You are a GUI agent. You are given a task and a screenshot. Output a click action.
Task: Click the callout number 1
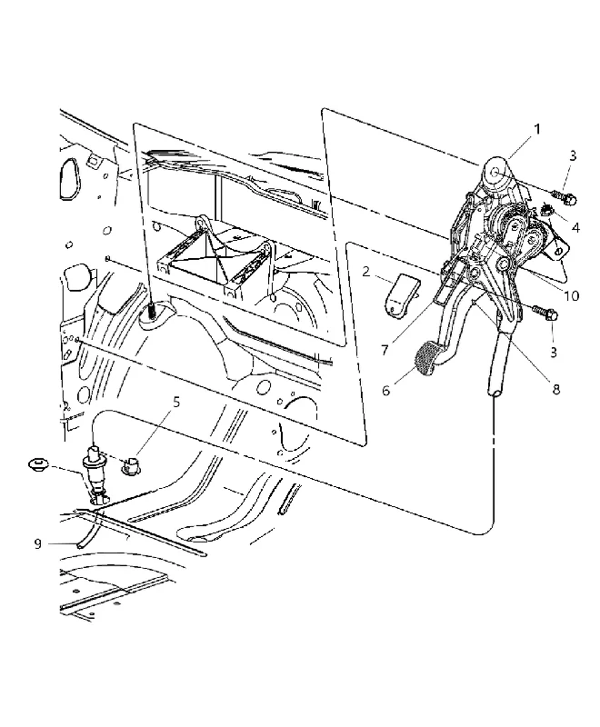click(537, 128)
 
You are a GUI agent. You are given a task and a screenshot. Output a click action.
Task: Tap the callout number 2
click(366, 272)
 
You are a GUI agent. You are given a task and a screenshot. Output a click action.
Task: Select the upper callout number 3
click(573, 155)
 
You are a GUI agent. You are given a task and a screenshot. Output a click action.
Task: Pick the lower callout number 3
click(553, 352)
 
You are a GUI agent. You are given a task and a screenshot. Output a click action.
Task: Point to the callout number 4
click(575, 228)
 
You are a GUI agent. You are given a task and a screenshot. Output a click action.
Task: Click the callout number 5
click(176, 403)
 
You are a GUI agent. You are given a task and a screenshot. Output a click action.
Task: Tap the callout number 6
click(385, 391)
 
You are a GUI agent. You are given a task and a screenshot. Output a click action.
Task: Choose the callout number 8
click(556, 389)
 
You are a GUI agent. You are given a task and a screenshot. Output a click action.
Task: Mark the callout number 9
click(38, 543)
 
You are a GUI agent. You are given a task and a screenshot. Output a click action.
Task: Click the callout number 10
click(571, 295)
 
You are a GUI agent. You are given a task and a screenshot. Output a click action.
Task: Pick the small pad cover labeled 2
click(401, 296)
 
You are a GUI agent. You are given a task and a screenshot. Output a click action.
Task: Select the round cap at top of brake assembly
click(495, 173)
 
